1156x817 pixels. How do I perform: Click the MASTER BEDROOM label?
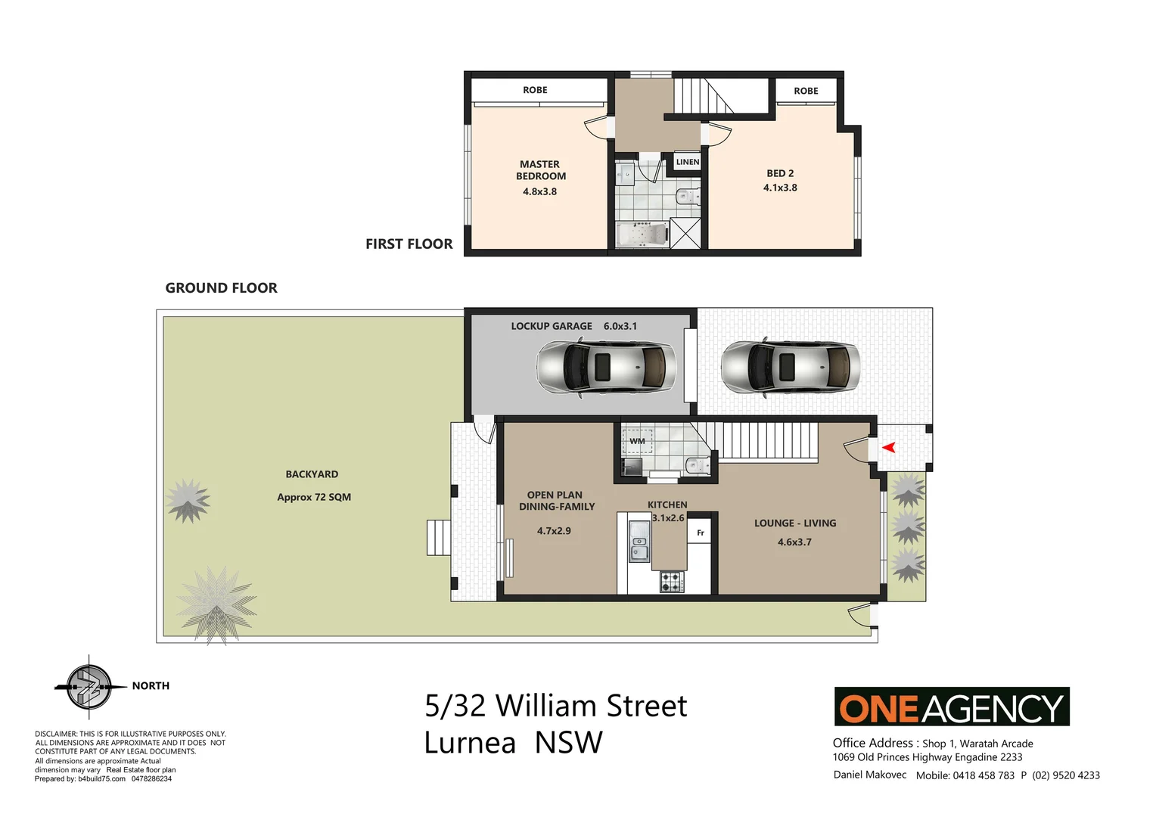coord(540,170)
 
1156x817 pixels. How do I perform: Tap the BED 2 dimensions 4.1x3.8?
coord(780,188)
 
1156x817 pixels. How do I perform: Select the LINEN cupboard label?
coord(687,162)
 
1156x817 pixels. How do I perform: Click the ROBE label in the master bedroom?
coord(535,90)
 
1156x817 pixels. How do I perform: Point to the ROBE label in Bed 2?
coord(806,91)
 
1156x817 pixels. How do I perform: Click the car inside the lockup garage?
coord(605,367)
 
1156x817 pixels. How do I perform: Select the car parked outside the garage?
coord(790,367)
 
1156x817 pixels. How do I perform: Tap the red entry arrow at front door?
coord(889,447)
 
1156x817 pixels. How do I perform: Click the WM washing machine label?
coord(637,441)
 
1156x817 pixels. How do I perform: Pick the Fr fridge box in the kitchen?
coord(700,533)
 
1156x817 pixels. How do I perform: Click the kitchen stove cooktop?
coord(671,582)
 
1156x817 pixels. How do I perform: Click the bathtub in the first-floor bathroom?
coord(642,235)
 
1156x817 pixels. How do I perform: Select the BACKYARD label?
coord(312,474)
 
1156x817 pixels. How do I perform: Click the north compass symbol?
coord(89,687)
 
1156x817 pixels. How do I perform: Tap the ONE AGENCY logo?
coord(951,707)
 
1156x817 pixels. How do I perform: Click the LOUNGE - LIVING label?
coord(794,523)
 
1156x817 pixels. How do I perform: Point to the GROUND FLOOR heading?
coord(221,287)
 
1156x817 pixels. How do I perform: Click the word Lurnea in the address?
coord(470,743)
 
